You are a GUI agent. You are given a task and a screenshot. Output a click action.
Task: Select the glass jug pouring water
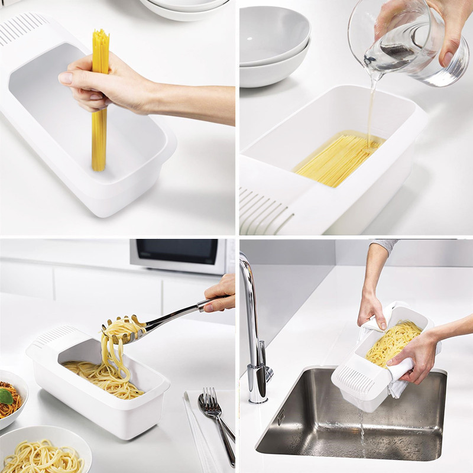pyautogui.click(x=408, y=41)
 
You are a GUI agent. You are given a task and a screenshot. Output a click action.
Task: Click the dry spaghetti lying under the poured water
pyautogui.click(x=337, y=158)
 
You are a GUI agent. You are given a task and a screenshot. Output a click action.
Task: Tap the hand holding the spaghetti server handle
pyautogui.click(x=222, y=294)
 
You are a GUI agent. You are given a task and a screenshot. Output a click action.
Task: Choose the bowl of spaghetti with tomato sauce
pyautogui.click(x=9, y=399)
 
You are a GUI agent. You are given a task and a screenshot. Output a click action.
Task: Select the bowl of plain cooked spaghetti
pyautogui.click(x=41, y=455)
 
